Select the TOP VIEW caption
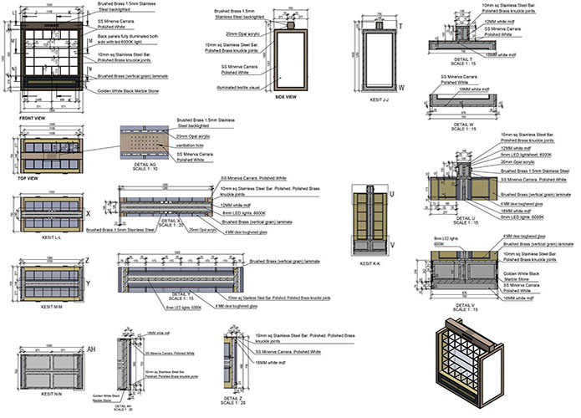tap(27, 178)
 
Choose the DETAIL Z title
tap(236, 399)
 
